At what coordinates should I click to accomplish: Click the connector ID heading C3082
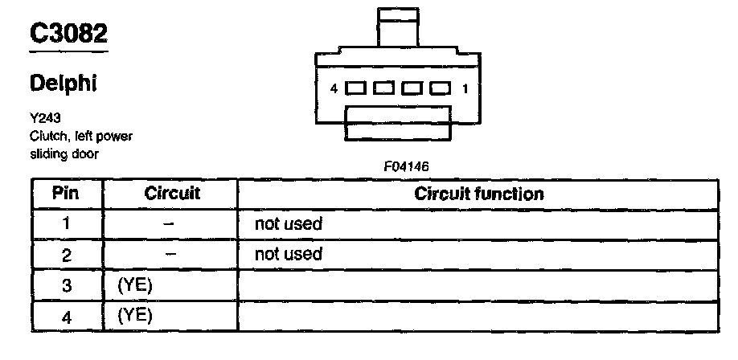pyautogui.click(x=68, y=33)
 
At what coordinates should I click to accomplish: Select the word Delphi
pyautogui.click(x=64, y=83)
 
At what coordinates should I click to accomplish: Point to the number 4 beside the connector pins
pyautogui.click(x=334, y=88)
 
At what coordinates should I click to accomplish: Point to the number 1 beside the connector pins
pyautogui.click(x=465, y=88)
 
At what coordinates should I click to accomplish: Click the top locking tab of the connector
pyautogui.click(x=399, y=28)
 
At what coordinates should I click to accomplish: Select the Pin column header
pyautogui.click(x=66, y=194)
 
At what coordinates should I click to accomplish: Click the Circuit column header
pyautogui.click(x=172, y=194)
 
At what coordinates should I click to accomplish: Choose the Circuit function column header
pyautogui.click(x=478, y=194)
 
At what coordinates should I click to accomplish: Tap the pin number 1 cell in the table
pyautogui.click(x=67, y=224)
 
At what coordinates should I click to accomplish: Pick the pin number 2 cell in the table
pyautogui.click(x=67, y=256)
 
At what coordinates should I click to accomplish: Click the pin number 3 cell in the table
pyautogui.click(x=67, y=285)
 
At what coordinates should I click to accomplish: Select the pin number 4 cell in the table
pyautogui.click(x=67, y=316)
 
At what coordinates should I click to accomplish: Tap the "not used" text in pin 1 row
pyautogui.click(x=288, y=224)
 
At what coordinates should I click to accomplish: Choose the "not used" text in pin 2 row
pyautogui.click(x=288, y=255)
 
